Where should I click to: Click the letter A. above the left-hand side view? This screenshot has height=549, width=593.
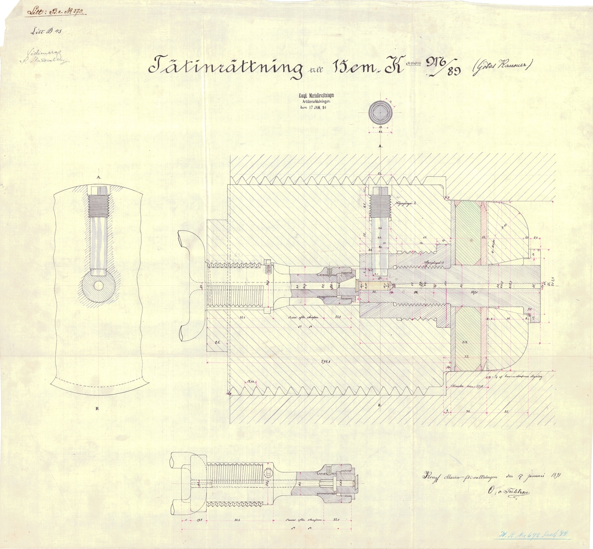99,176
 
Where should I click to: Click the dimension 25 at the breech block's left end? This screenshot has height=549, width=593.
216,341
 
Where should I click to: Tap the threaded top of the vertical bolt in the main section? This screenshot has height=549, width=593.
380,202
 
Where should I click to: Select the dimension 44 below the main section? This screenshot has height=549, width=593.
466,411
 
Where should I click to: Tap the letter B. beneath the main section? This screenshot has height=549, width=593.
380,405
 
